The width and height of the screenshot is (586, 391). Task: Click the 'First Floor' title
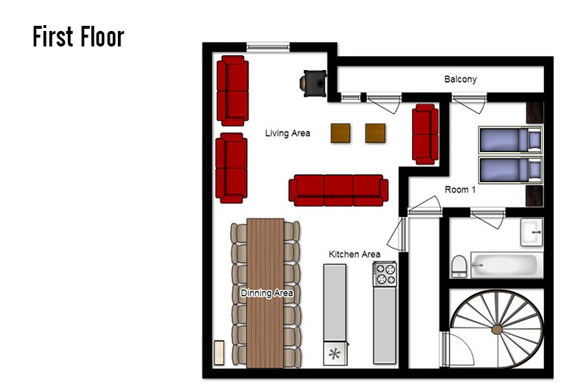tap(78, 36)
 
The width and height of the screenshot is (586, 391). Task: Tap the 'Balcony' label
tap(461, 80)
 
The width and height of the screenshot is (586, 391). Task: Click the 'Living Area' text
tap(287, 134)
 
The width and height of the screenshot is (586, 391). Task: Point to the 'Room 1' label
tap(460, 190)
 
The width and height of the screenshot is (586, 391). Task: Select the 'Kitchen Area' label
tap(355, 255)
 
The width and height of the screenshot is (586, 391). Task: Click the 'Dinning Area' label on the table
tap(267, 293)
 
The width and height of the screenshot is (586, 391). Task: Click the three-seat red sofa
tap(338, 190)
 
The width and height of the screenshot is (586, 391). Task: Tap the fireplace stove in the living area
tap(313, 83)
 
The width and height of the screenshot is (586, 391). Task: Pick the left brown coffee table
tap(341, 134)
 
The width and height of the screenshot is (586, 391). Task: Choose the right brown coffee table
tap(375, 134)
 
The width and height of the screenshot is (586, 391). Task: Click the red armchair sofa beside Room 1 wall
tap(425, 134)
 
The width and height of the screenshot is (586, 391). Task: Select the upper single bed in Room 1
tap(510, 140)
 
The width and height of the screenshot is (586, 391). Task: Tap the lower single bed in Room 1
tap(510, 170)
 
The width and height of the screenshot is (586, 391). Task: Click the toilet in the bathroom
tap(459, 266)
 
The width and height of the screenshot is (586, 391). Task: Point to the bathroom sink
tap(531, 232)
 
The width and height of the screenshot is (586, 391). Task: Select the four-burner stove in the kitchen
tap(385, 274)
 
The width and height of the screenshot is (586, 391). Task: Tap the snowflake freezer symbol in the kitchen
tap(335, 353)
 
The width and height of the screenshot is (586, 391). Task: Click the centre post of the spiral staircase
tap(497, 330)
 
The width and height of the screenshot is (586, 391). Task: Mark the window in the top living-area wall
tap(268, 47)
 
